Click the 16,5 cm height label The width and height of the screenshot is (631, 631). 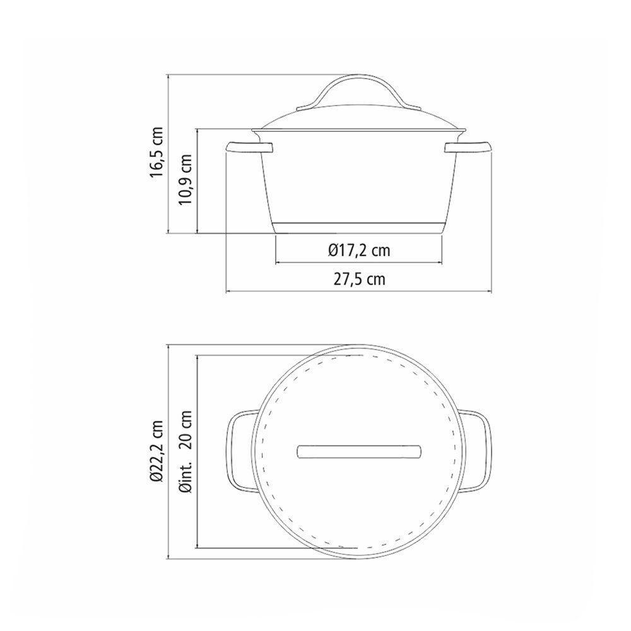coord(156,152)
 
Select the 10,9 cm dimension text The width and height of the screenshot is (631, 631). coord(186,179)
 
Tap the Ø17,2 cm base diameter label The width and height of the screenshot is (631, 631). coord(359,251)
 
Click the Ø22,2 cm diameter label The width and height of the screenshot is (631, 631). coord(156,451)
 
